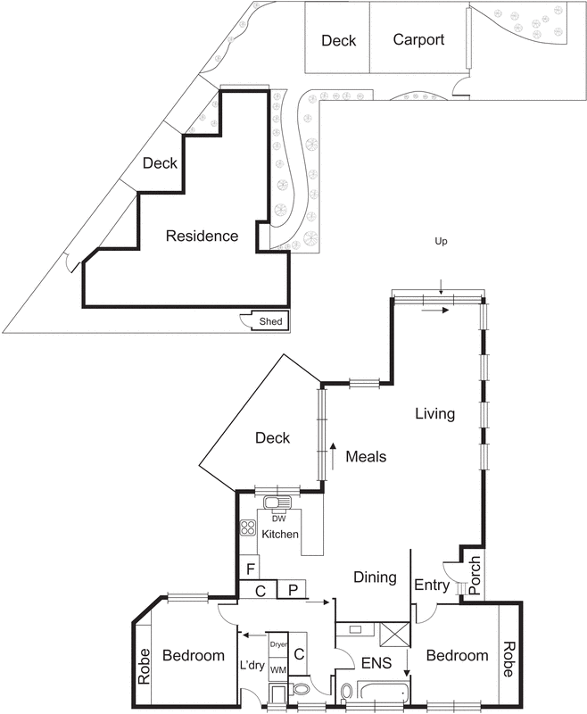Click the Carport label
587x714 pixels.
click(418, 40)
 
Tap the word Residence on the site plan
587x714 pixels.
click(202, 236)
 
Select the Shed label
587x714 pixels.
click(270, 321)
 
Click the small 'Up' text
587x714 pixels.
click(441, 241)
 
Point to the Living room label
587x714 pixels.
click(435, 413)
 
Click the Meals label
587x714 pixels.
click(366, 456)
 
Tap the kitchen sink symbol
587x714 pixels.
click(277, 503)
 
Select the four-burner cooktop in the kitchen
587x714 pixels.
click(248, 527)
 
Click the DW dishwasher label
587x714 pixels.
click(279, 519)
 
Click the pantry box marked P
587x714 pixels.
click(292, 589)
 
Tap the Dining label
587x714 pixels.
click(375, 577)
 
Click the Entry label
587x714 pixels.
click(432, 585)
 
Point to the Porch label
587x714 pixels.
click(475, 575)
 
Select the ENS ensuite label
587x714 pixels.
click(376, 663)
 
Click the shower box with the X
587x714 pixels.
click(394, 635)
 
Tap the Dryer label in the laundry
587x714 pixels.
click(278, 644)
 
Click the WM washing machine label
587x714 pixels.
click(278, 670)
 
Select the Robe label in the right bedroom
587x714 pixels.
click(508, 659)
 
